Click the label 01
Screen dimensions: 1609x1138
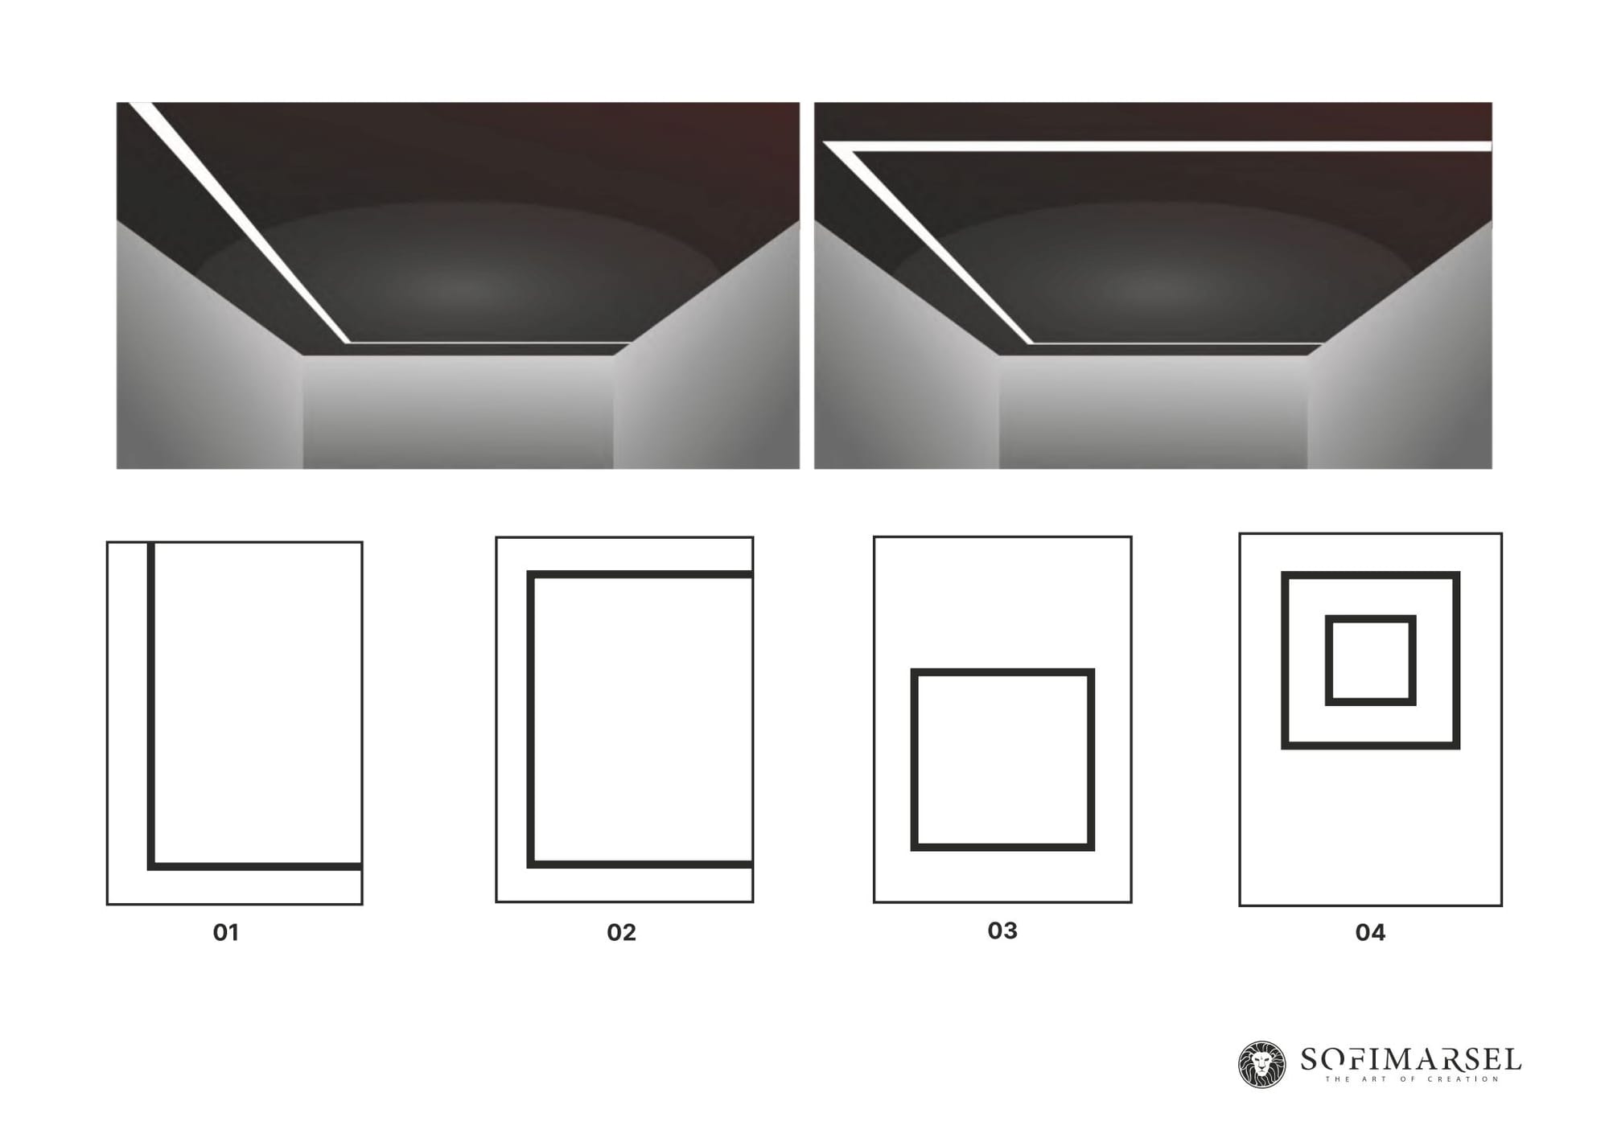(226, 932)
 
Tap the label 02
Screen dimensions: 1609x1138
(621, 932)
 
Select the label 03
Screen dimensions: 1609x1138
(1002, 931)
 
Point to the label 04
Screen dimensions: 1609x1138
(1370, 932)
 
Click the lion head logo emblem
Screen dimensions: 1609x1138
(1261, 1065)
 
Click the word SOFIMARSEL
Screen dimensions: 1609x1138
(1411, 1059)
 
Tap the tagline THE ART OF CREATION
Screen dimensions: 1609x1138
(1412, 1079)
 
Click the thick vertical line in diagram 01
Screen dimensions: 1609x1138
(150, 706)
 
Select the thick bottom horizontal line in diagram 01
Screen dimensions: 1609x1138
(254, 866)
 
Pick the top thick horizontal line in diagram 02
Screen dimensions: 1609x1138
(640, 574)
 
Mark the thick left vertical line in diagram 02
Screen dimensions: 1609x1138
(531, 719)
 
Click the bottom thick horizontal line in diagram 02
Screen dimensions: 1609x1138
(640, 865)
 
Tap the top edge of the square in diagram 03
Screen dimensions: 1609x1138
(1002, 672)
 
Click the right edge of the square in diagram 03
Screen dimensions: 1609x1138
(1091, 759)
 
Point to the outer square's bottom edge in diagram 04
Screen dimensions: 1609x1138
(1371, 746)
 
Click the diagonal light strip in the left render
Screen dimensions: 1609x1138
(240, 223)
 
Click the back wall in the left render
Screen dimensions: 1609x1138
(458, 412)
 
